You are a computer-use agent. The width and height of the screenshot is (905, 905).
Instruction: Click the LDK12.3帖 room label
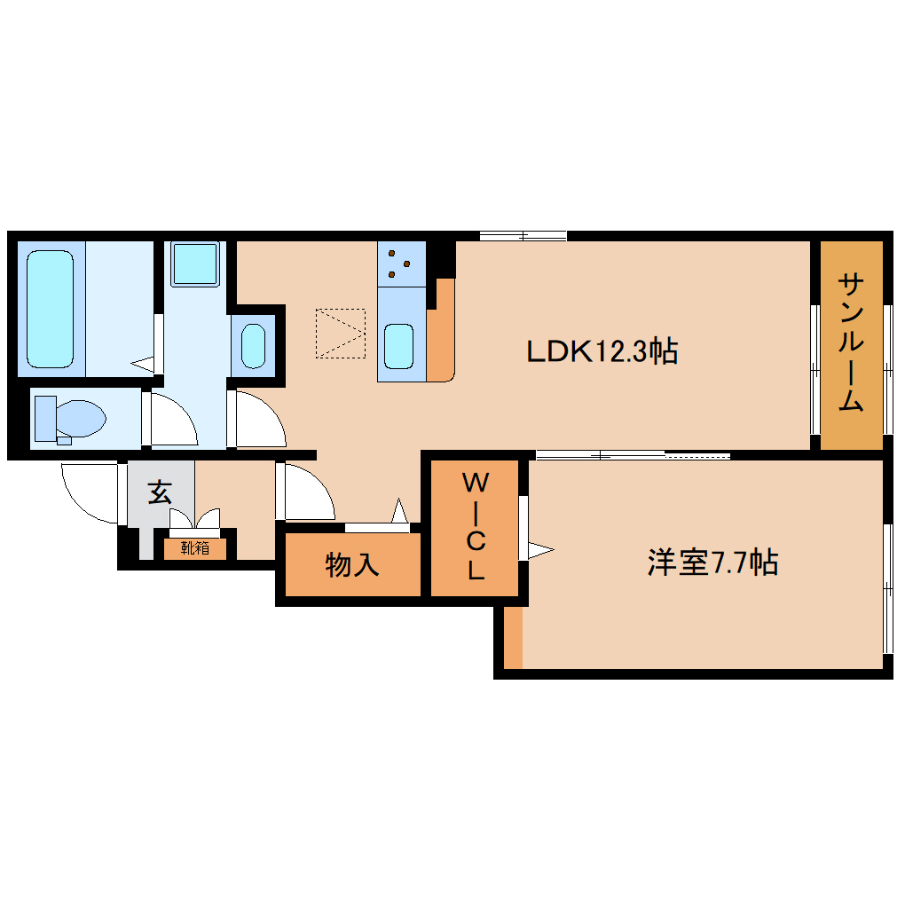click(x=602, y=351)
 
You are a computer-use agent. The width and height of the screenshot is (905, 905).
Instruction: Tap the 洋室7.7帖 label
click(x=712, y=563)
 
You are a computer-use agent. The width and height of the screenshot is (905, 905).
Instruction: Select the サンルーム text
click(x=851, y=342)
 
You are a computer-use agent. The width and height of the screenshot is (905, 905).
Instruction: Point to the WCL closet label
click(x=476, y=528)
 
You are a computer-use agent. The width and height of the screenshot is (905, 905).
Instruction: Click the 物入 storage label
click(x=352, y=564)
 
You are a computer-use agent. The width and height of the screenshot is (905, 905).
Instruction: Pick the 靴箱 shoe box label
click(x=195, y=548)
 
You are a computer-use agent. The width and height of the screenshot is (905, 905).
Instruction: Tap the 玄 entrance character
click(x=159, y=492)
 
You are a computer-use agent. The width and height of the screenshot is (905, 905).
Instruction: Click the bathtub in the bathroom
click(x=49, y=308)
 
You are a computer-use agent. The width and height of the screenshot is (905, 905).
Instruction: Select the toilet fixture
click(x=69, y=418)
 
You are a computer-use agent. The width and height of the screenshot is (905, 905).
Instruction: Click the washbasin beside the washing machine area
click(x=254, y=346)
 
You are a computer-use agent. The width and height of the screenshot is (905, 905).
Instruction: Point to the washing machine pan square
click(x=194, y=264)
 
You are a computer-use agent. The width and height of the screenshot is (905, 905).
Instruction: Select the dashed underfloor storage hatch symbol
click(x=341, y=334)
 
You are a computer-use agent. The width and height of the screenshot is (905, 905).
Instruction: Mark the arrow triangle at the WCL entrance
click(x=540, y=550)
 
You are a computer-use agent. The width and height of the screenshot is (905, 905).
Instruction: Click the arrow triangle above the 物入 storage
click(x=399, y=512)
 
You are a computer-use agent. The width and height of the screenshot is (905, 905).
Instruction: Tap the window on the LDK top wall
click(x=523, y=236)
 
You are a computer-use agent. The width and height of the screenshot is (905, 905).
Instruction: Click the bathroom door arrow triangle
click(x=143, y=362)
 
